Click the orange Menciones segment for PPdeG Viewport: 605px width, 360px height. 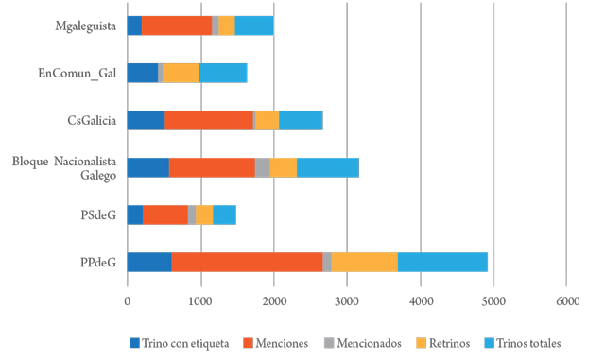coord(248,262)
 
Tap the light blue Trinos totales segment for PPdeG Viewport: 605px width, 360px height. coord(442,262)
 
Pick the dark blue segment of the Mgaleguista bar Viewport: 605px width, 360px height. coord(134,26)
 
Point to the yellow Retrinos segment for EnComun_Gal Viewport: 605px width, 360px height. coord(181,73)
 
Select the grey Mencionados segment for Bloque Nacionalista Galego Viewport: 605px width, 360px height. coord(262,167)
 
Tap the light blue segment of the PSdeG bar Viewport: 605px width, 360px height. coord(224,214)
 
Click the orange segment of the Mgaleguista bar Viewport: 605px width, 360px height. coord(177,26)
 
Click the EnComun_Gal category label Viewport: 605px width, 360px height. coord(77,73)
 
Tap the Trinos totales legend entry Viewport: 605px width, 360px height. coord(522,342)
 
